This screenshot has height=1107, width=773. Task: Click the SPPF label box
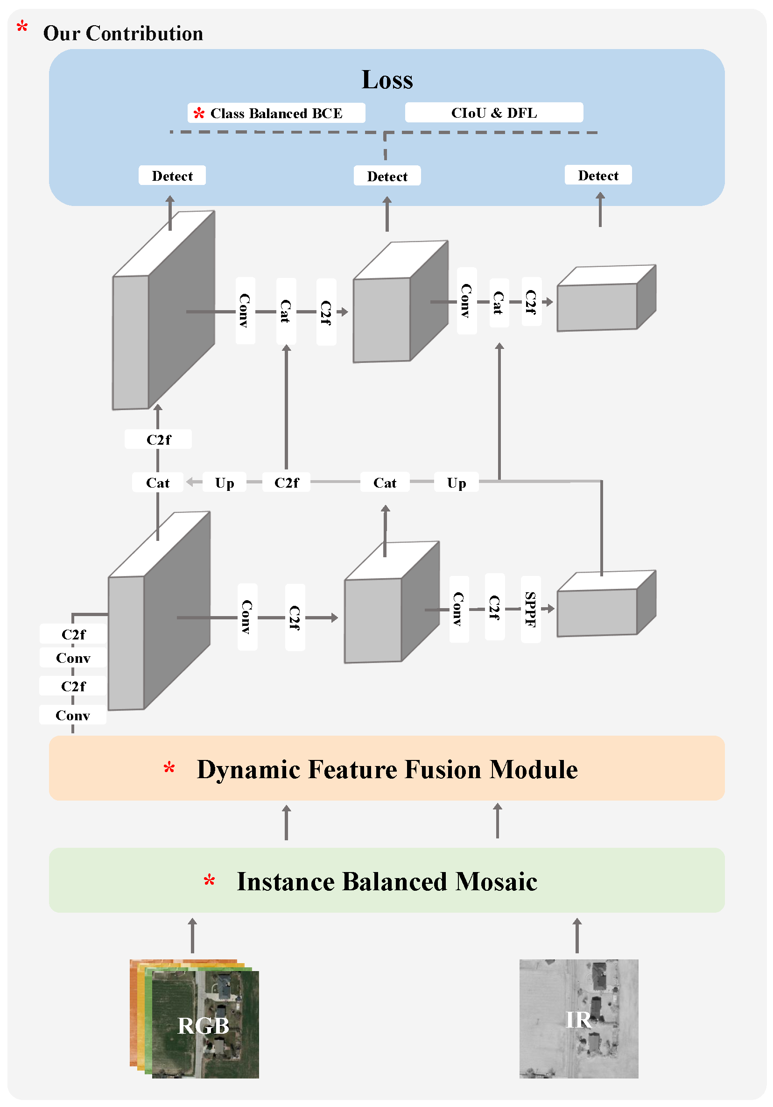tap(531, 609)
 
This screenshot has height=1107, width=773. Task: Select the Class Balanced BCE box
tap(276, 113)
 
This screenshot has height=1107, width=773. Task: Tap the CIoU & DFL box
tap(494, 113)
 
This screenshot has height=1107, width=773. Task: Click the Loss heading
tap(387, 79)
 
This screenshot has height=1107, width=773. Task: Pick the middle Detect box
tap(387, 176)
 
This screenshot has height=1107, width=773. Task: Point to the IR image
tap(578, 1018)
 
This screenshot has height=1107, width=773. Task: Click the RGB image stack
tap(194, 1018)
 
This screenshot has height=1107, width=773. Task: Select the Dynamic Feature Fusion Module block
tap(386, 768)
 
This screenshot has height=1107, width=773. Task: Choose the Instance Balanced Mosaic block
tap(386, 880)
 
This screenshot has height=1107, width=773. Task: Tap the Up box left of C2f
tap(225, 482)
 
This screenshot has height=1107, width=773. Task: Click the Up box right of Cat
tap(457, 482)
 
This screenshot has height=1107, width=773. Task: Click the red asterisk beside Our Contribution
tap(22, 27)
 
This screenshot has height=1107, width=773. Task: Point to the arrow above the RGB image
tap(192, 936)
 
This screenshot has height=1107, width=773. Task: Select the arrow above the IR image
tap(577, 936)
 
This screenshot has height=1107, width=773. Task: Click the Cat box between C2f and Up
tap(385, 482)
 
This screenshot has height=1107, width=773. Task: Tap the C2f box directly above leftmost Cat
tap(158, 439)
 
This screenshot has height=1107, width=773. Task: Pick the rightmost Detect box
tap(598, 175)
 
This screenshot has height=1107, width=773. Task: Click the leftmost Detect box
tap(172, 176)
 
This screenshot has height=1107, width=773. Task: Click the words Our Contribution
tap(123, 33)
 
